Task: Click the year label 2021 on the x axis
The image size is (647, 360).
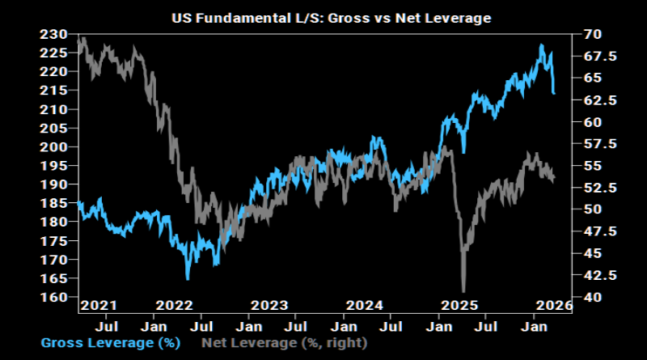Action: coord(98,305)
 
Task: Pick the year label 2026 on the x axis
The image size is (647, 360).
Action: coord(555,305)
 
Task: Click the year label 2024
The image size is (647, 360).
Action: coord(364,305)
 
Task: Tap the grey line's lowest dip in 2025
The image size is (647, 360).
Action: coord(463,291)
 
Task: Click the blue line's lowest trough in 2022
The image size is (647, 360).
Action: coord(188,279)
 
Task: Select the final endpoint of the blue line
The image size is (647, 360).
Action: coord(554,94)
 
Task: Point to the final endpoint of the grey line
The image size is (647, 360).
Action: coord(554,180)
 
